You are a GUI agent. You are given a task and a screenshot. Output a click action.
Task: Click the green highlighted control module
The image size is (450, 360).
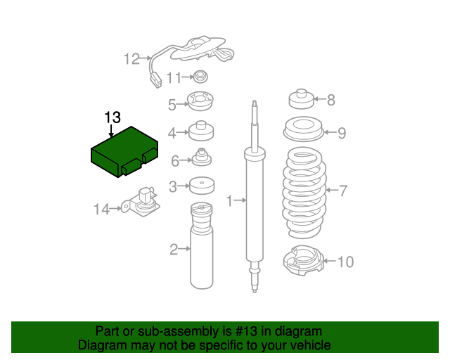[124, 153]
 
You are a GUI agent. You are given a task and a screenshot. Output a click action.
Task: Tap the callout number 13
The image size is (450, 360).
[112, 117]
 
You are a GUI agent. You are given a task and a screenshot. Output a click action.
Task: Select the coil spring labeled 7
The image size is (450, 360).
[304, 192]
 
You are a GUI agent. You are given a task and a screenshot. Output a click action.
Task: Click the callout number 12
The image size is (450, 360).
[131, 59]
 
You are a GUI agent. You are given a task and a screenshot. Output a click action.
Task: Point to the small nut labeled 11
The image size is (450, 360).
[200, 77]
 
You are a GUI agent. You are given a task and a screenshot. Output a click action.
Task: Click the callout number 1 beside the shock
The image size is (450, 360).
[229, 202]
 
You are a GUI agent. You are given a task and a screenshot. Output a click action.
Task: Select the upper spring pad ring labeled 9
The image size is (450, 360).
[302, 131]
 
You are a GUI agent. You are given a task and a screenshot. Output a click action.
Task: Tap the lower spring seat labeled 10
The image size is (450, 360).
[301, 262]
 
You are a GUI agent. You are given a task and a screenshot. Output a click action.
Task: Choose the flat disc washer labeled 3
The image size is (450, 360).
[201, 186]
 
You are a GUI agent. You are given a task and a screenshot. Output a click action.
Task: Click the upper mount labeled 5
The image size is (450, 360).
[200, 103]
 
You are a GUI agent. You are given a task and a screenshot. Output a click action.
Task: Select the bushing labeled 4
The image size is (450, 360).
[201, 131]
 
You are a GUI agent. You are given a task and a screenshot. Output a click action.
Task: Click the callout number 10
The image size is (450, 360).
[345, 262]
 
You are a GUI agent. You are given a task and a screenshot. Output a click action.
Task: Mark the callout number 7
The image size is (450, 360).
[343, 190]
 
